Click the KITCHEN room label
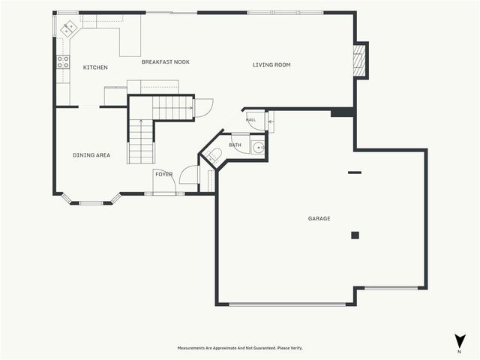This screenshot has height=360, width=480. pyautogui.click(x=95, y=67)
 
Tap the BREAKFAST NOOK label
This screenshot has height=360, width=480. pyautogui.click(x=165, y=61)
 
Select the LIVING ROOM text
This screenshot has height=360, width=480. pyautogui.click(x=271, y=64)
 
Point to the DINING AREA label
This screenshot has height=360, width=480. pyautogui.click(x=91, y=155)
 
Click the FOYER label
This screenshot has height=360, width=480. pyautogui.click(x=163, y=175)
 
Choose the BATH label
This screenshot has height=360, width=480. pyautogui.click(x=235, y=145)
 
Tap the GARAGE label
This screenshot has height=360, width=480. pyautogui.click(x=319, y=218)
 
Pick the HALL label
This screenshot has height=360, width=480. pyautogui.click(x=250, y=120)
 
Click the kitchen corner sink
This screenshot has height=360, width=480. pyautogui.click(x=68, y=28)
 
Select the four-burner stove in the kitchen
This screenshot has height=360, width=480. pyautogui.click(x=63, y=61)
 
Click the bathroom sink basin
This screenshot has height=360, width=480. pyautogui.click(x=258, y=148)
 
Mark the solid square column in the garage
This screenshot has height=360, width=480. pyautogui.click(x=355, y=235)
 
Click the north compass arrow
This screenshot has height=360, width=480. pyautogui.click(x=460, y=341)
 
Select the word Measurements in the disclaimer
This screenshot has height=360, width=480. pyautogui.click(x=191, y=348)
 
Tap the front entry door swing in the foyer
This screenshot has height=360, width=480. pyautogui.click(x=164, y=181)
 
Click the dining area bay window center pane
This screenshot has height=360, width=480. pyautogui.click(x=91, y=203)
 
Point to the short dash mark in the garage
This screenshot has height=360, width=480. pyautogui.click(x=355, y=172)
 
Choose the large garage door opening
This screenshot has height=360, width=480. pyautogui.click(x=287, y=304)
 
